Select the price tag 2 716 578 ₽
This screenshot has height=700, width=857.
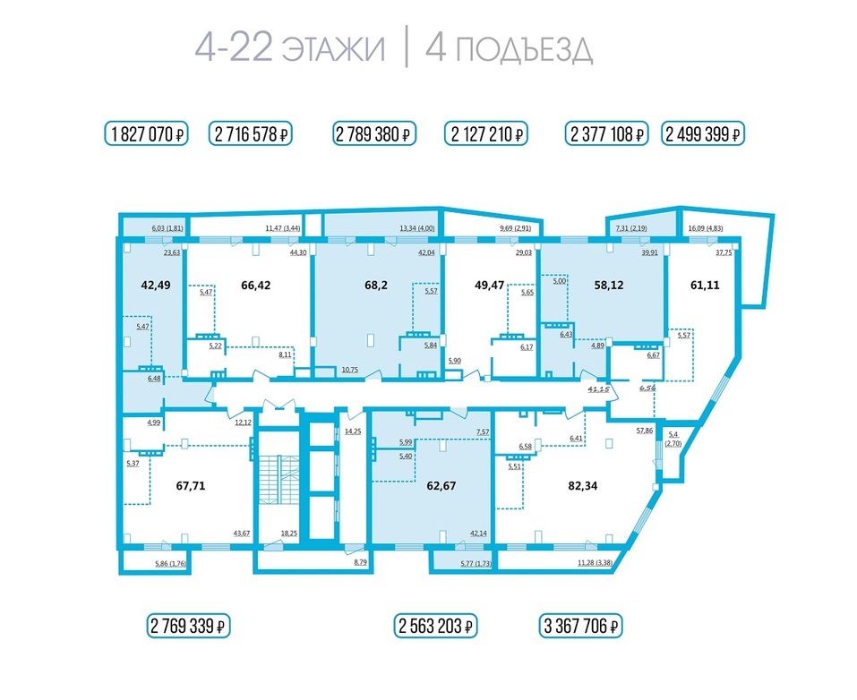point(252,134)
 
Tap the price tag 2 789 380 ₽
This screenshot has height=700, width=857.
point(375,134)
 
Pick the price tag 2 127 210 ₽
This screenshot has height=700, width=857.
point(486,134)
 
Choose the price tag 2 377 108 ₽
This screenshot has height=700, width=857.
point(607,134)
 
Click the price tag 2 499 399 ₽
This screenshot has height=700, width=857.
point(703,134)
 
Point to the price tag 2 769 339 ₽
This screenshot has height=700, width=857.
point(189,625)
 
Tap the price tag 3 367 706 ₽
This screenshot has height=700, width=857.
point(580,625)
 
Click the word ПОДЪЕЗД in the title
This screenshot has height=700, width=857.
point(523,48)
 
